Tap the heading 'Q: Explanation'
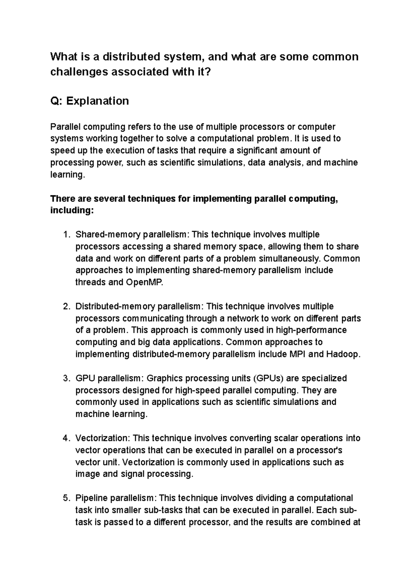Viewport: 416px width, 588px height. [89, 101]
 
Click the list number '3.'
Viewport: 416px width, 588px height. [67, 378]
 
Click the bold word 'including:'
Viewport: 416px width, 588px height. [72, 210]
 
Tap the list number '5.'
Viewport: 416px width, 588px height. [67, 498]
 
